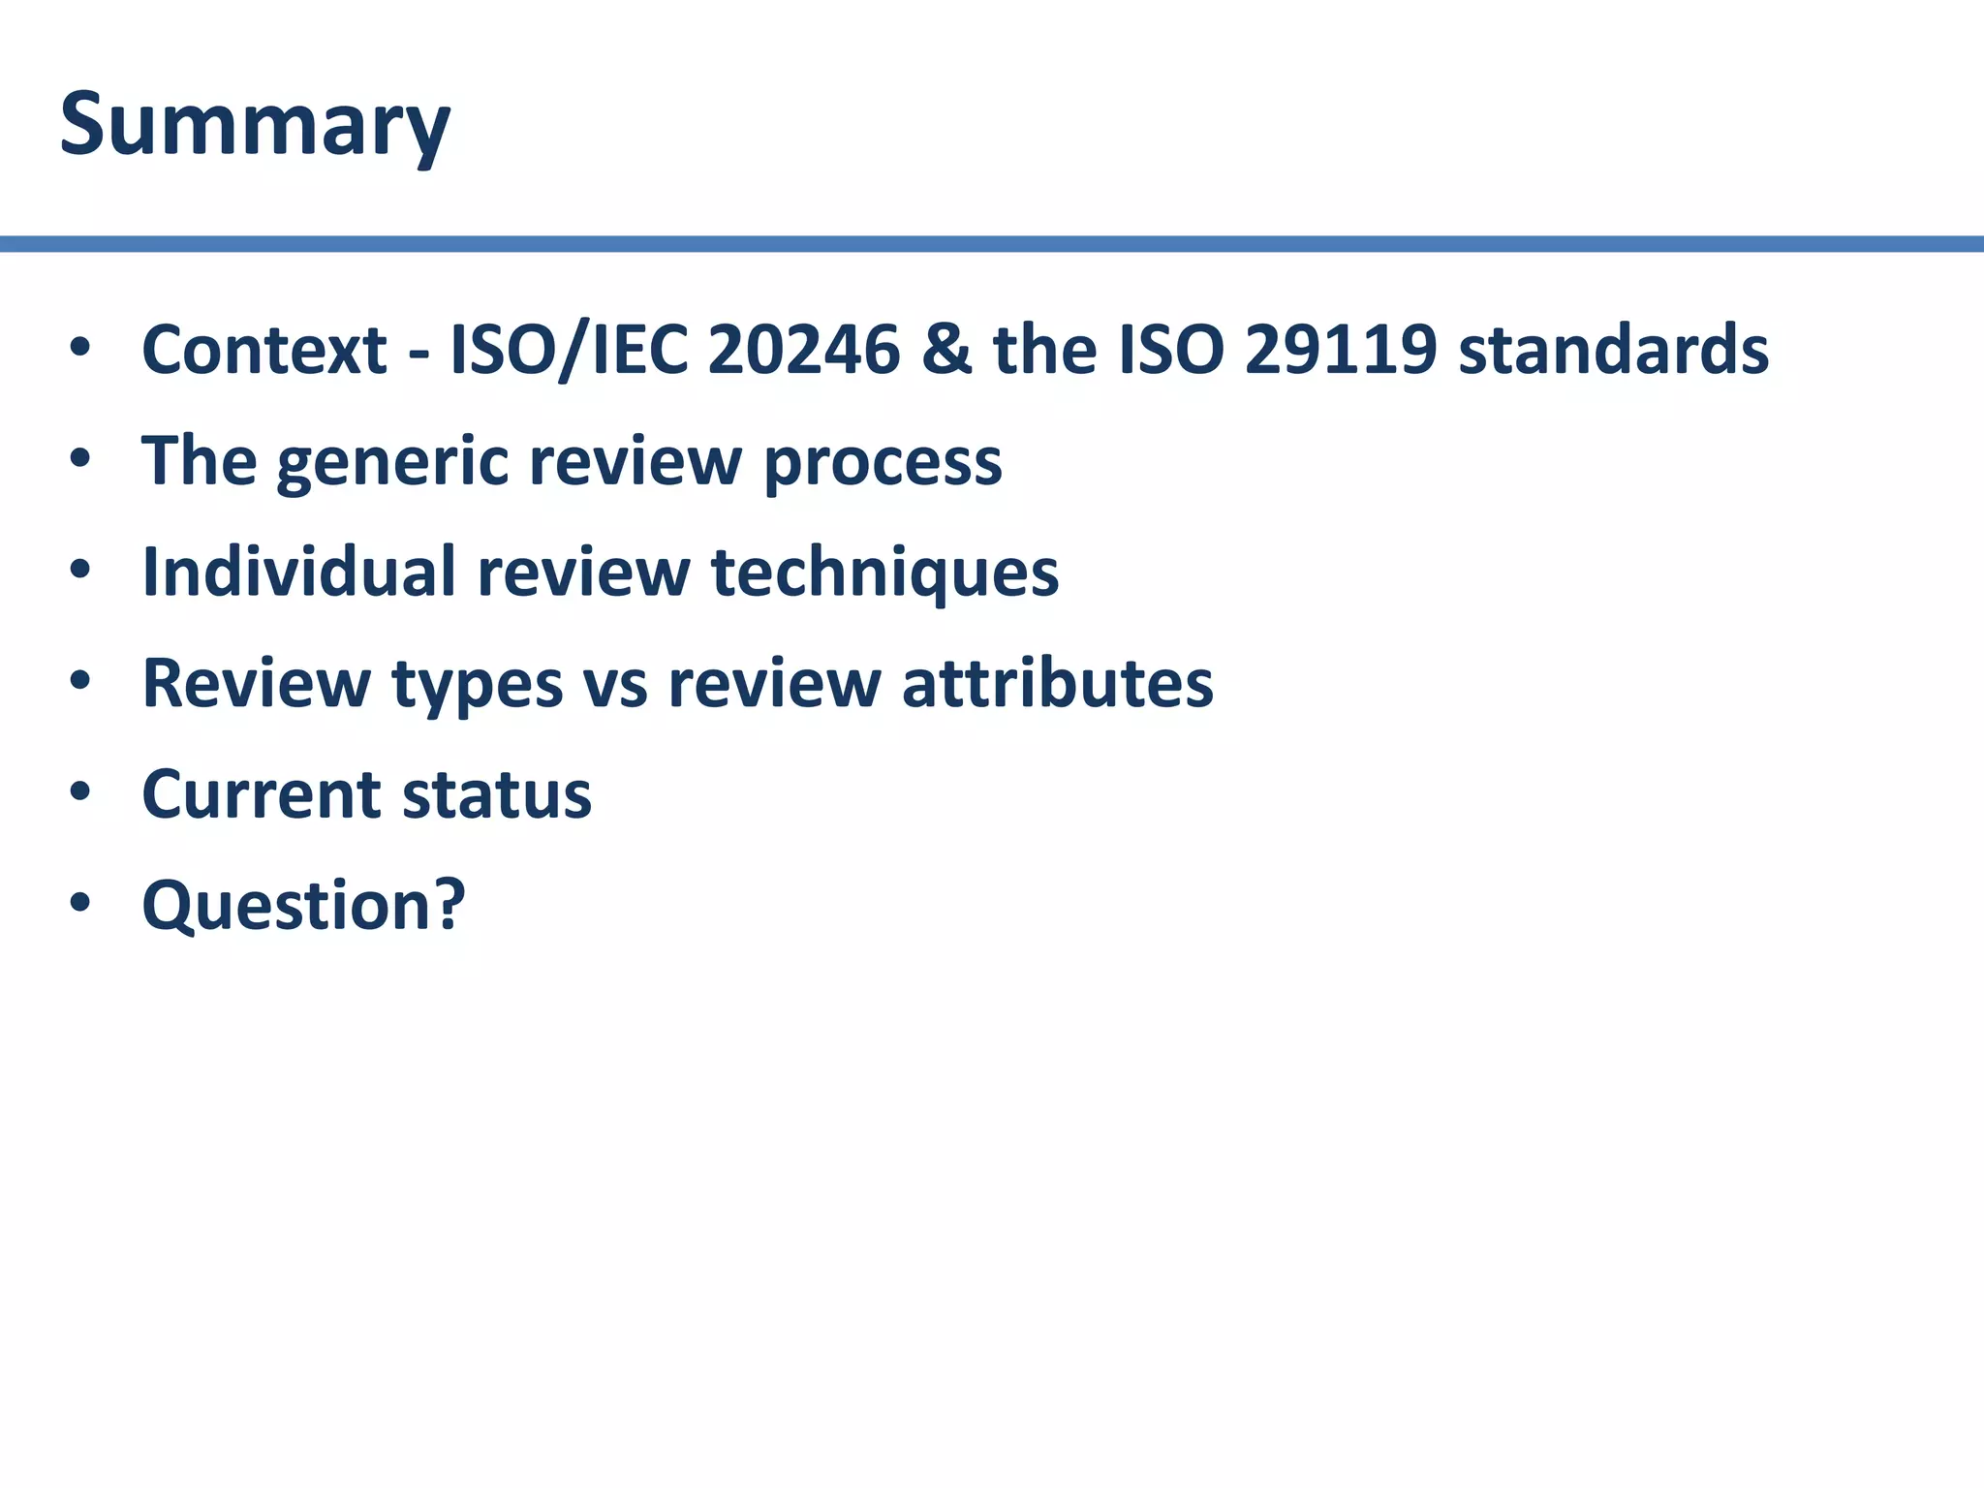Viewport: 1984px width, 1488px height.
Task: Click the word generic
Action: [392, 463]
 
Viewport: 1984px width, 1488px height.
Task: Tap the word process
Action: [883, 463]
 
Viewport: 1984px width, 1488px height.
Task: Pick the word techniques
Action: [884, 573]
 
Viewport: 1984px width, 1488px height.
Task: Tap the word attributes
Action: [1057, 684]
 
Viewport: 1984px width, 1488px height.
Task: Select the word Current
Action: [262, 794]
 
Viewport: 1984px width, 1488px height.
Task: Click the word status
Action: [496, 794]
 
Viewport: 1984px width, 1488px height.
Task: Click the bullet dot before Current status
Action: [79, 792]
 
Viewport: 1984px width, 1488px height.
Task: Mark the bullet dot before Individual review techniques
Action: [79, 570]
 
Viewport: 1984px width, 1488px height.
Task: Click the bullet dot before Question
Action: [79, 904]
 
